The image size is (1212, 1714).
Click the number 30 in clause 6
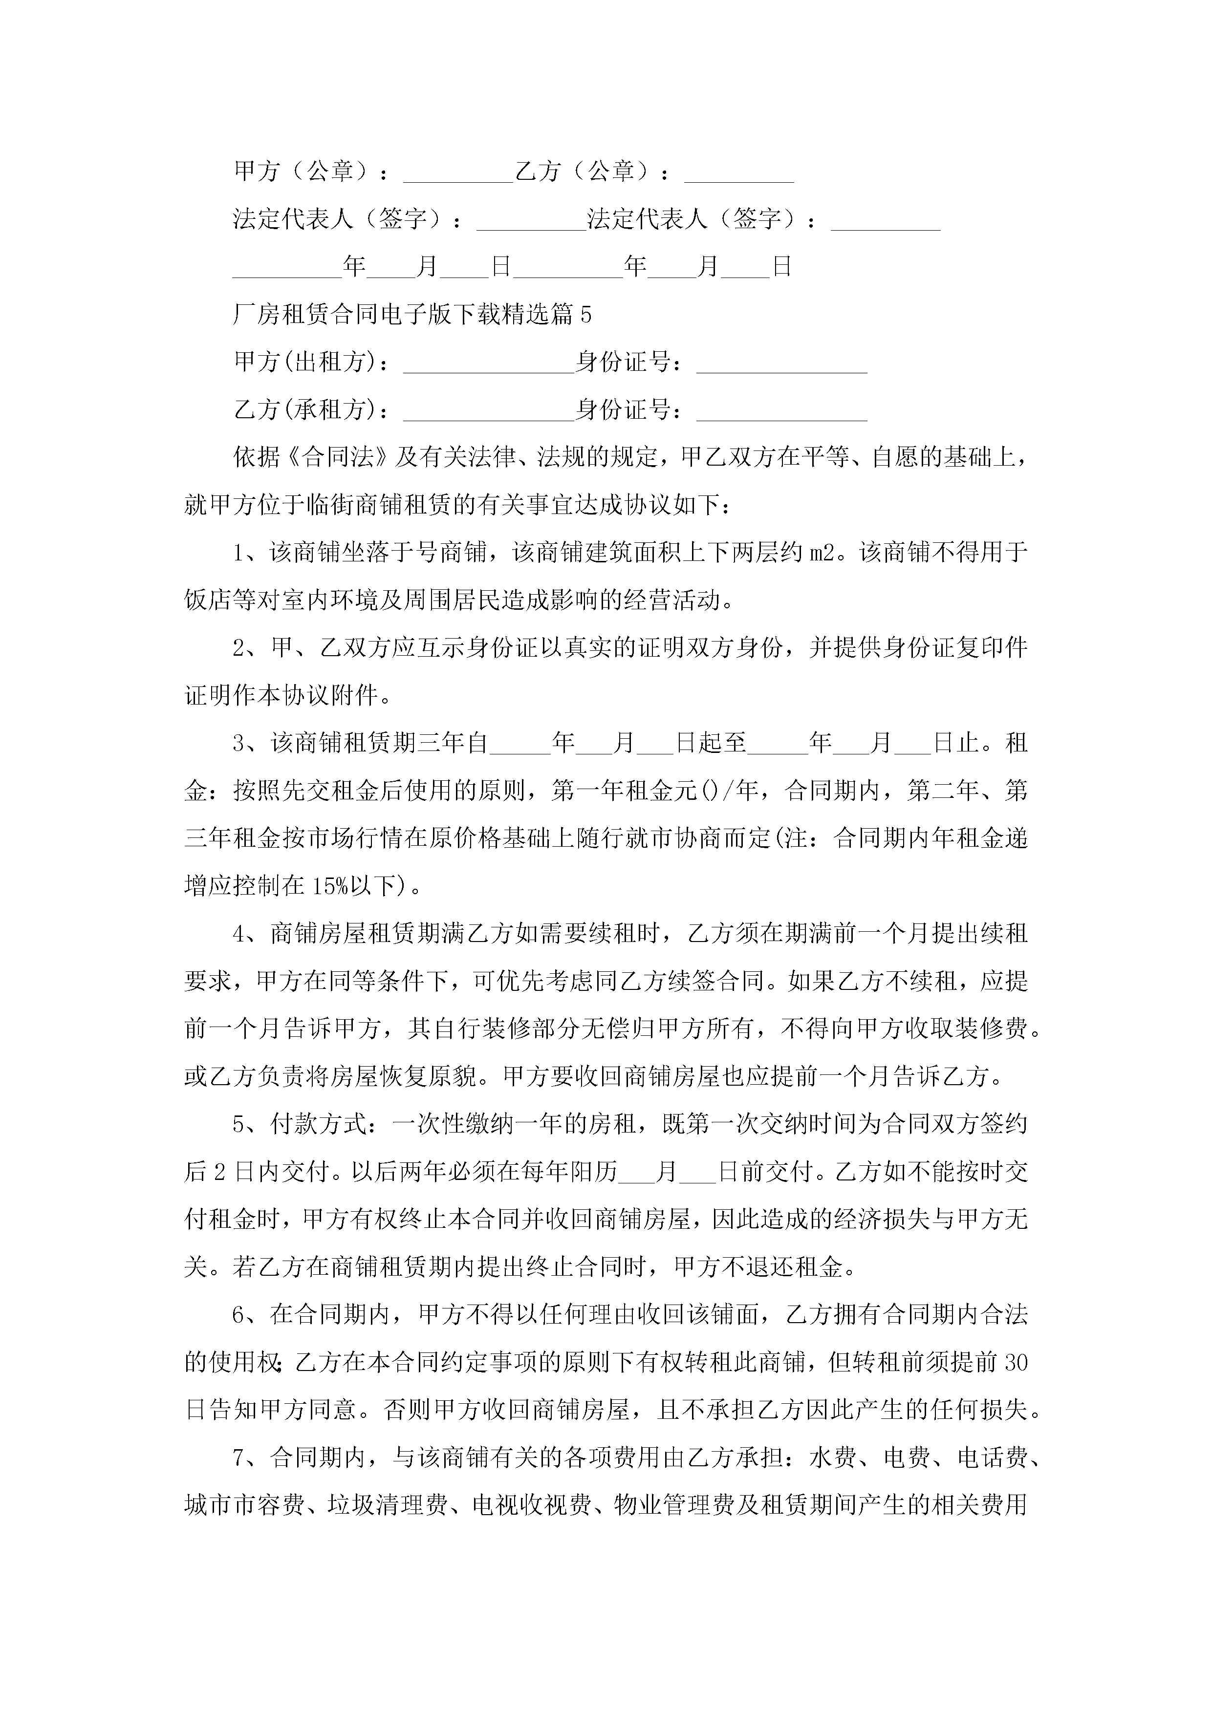1016,1363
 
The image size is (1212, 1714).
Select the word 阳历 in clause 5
594,1172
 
